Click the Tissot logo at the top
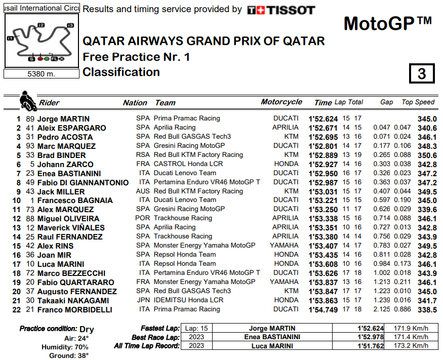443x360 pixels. point(281,10)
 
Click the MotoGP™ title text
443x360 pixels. point(388,23)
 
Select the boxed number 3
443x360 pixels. point(421,74)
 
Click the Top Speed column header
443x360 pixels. point(418,102)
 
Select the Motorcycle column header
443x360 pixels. point(281,102)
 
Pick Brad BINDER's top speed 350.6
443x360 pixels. point(427,155)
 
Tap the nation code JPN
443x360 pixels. point(143,300)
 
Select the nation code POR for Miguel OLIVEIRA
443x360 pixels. point(143,218)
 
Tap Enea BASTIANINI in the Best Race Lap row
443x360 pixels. point(275,337)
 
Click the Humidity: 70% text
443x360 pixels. point(65,347)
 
